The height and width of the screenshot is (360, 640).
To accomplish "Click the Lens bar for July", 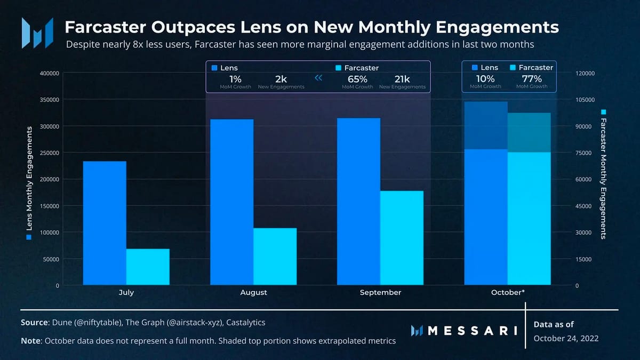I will pos(105,223).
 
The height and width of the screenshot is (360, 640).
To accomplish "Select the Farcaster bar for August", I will pos(275,257).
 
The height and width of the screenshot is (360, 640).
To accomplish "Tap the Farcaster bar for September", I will pos(402,238).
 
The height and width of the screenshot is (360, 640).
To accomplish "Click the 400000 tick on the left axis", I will pos(49,73).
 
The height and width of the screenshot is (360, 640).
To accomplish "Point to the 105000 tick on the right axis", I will pos(585,100).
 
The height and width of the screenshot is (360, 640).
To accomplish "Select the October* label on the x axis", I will pos(508,293).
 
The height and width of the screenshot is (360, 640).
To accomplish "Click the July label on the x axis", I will pos(126,293).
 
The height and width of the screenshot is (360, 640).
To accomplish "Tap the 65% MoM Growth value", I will pos(357,78).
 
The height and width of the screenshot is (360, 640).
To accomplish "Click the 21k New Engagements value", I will pos(402,78).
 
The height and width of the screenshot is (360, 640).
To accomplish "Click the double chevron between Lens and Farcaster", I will pos(319,78).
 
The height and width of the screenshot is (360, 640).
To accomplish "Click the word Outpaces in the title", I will pos(178,27).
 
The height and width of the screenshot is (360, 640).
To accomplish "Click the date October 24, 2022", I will pos(566,339).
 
